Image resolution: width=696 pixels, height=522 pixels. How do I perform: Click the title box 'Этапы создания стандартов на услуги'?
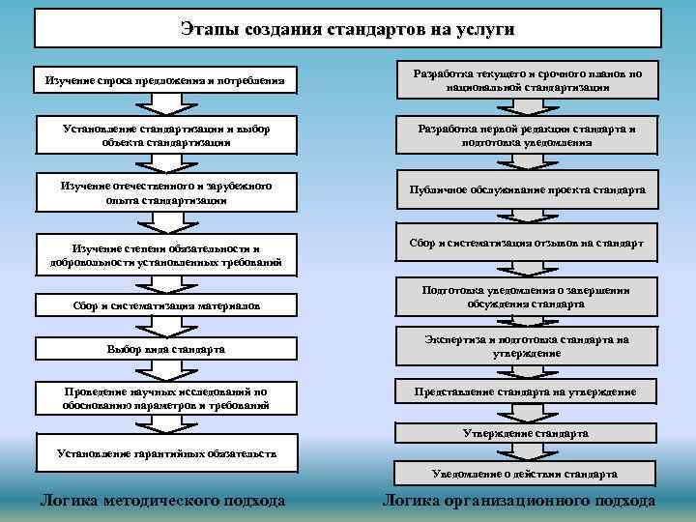(x=347, y=29)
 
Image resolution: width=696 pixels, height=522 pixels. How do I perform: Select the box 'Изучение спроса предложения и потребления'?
(x=165, y=80)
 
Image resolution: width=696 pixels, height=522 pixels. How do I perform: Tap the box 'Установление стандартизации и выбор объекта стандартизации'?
(x=165, y=135)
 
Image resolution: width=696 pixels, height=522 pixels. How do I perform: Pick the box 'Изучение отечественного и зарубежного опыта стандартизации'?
(x=165, y=192)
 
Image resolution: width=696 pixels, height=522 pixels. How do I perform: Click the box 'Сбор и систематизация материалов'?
(x=165, y=304)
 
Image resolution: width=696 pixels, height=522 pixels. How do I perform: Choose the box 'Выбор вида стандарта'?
(x=165, y=348)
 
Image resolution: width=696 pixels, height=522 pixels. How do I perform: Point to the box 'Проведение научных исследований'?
(x=165, y=398)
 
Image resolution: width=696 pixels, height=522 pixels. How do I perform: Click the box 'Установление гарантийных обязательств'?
(x=165, y=453)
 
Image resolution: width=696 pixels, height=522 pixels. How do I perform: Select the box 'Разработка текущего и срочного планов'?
(x=527, y=80)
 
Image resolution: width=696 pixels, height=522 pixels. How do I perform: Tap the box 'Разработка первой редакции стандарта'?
(x=527, y=135)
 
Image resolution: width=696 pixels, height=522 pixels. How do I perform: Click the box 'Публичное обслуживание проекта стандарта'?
(x=527, y=190)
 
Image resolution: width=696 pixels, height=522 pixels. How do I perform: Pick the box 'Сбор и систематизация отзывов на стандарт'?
(x=527, y=243)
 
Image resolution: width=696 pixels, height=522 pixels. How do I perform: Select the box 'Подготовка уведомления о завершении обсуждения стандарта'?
(x=527, y=296)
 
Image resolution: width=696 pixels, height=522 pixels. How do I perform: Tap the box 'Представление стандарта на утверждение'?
(x=527, y=391)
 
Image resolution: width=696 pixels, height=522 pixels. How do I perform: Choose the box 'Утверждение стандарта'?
(x=527, y=434)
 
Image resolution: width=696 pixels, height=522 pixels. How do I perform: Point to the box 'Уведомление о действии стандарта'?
(x=527, y=475)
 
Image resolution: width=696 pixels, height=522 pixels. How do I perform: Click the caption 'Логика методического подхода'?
(x=161, y=501)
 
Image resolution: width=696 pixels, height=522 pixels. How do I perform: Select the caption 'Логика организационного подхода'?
(x=519, y=501)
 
